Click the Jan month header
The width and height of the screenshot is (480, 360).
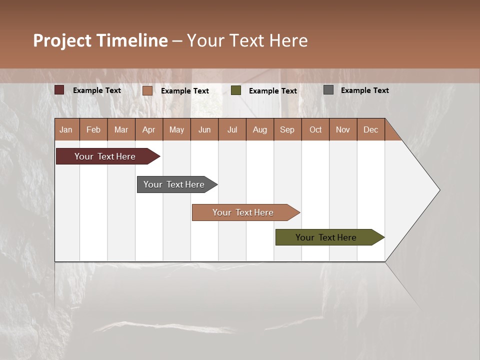66,129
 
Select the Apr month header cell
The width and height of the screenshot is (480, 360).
149,129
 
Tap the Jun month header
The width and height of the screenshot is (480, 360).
204,129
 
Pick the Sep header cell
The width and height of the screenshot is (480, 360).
287,129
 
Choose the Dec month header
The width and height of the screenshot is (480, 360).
370,129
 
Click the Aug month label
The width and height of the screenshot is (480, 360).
260,129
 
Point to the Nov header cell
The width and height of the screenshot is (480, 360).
343,129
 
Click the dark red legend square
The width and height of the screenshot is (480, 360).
59,90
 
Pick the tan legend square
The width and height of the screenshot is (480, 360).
147,90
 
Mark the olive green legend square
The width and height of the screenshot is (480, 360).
236,90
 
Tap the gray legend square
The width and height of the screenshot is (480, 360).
328,90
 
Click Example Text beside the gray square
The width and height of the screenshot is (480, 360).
364,90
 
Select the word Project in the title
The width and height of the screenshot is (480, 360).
62,40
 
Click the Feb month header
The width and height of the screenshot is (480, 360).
93,129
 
